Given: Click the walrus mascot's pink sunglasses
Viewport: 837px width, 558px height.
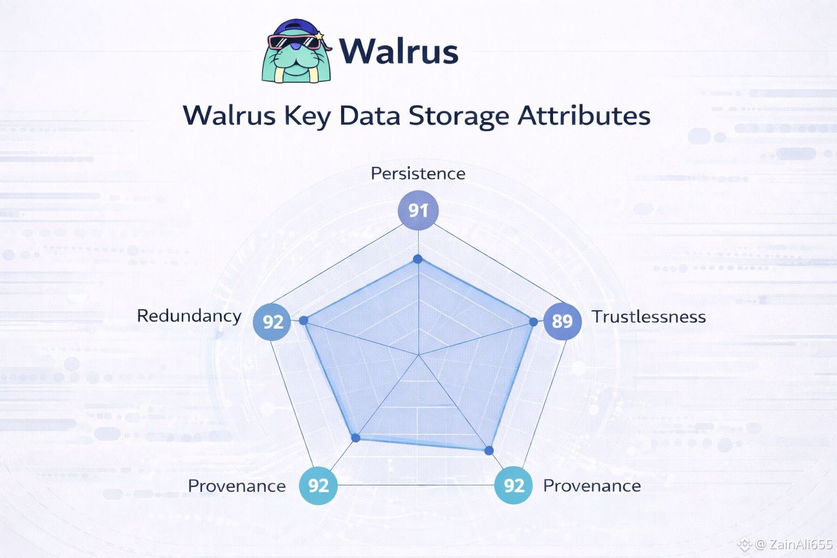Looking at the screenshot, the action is point(294,42).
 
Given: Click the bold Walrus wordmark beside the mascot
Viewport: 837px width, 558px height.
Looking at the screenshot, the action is point(398,52).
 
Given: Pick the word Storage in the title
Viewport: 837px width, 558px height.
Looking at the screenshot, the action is point(458,116).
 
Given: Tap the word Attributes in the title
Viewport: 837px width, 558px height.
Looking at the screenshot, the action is point(584,116).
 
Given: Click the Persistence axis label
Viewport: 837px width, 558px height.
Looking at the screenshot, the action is point(418,173).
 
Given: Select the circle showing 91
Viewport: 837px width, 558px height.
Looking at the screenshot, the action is point(418,210).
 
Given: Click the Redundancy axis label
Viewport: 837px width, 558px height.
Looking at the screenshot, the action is point(189,316).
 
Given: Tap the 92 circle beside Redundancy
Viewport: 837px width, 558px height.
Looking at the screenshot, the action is point(272,322).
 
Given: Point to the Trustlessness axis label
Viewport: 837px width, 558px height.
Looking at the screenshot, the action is point(648,317).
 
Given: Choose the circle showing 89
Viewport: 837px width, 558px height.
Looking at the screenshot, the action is point(562,321).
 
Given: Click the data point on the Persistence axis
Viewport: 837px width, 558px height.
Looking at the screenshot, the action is point(417,259).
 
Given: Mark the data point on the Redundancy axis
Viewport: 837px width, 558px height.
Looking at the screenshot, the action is point(304,320).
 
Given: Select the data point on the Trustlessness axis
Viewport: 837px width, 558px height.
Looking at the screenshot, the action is point(533,322).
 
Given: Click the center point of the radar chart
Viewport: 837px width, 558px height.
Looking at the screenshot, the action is point(418,355).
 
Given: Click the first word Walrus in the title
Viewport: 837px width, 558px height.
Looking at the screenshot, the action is point(229,116).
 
